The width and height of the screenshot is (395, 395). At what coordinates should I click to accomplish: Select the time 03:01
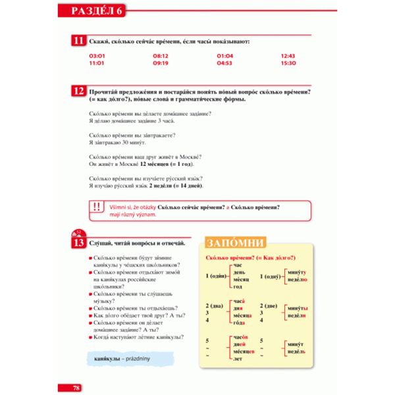(97, 56)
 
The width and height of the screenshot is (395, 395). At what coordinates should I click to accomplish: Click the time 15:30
(288, 63)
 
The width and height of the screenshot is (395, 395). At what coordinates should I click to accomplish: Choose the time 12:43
(288, 56)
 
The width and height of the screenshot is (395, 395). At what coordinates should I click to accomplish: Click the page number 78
(76, 387)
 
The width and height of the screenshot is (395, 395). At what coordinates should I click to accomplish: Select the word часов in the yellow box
(239, 337)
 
